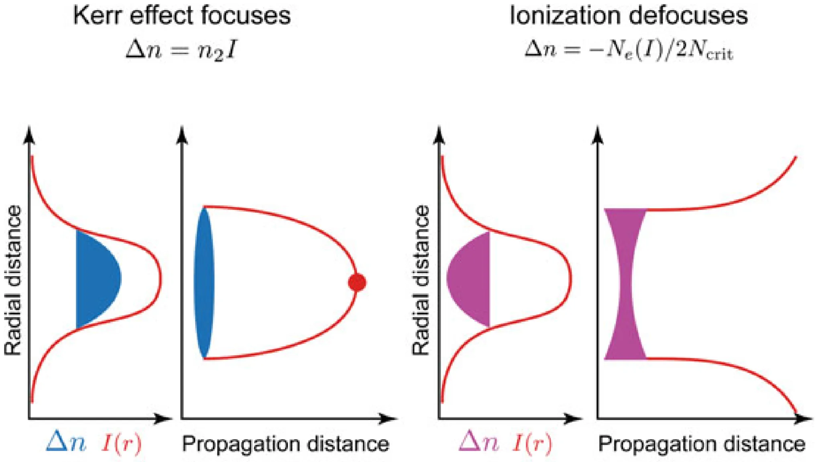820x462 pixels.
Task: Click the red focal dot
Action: click(x=357, y=282)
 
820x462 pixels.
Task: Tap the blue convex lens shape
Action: click(x=204, y=282)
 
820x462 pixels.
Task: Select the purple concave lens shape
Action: click(x=625, y=284)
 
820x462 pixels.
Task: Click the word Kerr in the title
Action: click(x=94, y=16)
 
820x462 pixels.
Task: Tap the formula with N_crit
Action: click(x=629, y=51)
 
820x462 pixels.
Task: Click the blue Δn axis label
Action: click(x=66, y=443)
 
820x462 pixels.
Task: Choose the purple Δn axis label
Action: click(x=478, y=443)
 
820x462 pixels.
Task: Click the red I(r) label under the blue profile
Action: click(x=122, y=444)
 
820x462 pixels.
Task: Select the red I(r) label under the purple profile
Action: click(x=532, y=444)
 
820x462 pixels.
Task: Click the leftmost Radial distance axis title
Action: click(x=13, y=280)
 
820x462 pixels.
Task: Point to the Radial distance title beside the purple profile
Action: click(x=421, y=280)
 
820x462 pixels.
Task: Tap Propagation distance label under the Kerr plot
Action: click(x=285, y=444)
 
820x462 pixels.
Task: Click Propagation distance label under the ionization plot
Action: click(x=702, y=444)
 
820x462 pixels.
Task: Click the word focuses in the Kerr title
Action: click(x=246, y=16)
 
